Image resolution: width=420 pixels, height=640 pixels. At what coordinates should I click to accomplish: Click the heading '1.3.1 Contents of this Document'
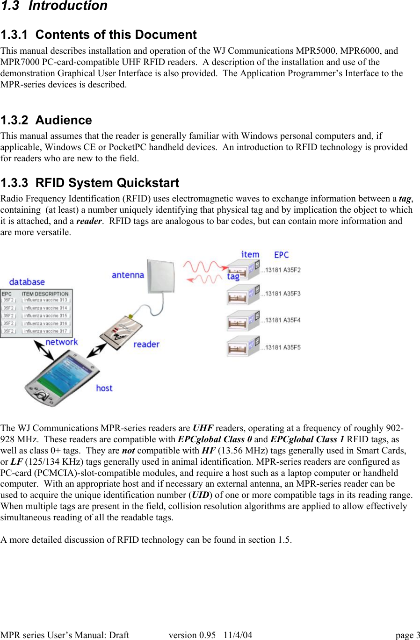(x=99, y=35)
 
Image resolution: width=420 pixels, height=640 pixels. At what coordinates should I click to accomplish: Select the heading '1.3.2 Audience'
(x=46, y=121)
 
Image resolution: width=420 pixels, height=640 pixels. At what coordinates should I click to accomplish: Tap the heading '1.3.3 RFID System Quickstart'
(x=90, y=183)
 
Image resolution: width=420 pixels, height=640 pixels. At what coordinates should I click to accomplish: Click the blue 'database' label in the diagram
(x=27, y=282)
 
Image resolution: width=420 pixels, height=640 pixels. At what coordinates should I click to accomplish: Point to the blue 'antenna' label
(x=128, y=275)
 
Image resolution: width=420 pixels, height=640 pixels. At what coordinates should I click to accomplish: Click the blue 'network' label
(x=62, y=342)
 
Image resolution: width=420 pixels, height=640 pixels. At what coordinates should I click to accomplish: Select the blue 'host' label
(x=104, y=388)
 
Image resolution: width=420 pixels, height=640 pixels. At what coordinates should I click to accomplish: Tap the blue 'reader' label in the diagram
(x=146, y=345)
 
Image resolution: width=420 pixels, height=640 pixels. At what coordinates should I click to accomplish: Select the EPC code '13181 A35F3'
(x=283, y=294)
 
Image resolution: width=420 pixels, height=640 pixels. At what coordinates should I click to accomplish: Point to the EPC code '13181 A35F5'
(x=283, y=347)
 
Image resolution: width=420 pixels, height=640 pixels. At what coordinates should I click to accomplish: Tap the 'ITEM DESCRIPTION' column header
(x=45, y=294)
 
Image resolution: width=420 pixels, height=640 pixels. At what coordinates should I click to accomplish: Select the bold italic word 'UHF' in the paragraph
(x=203, y=428)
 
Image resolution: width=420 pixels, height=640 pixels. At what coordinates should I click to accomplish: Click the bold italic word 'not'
(x=128, y=451)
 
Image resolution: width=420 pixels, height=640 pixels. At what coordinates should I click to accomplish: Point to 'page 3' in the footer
(x=407, y=635)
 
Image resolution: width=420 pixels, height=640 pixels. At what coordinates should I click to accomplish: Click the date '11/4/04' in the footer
(x=238, y=635)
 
